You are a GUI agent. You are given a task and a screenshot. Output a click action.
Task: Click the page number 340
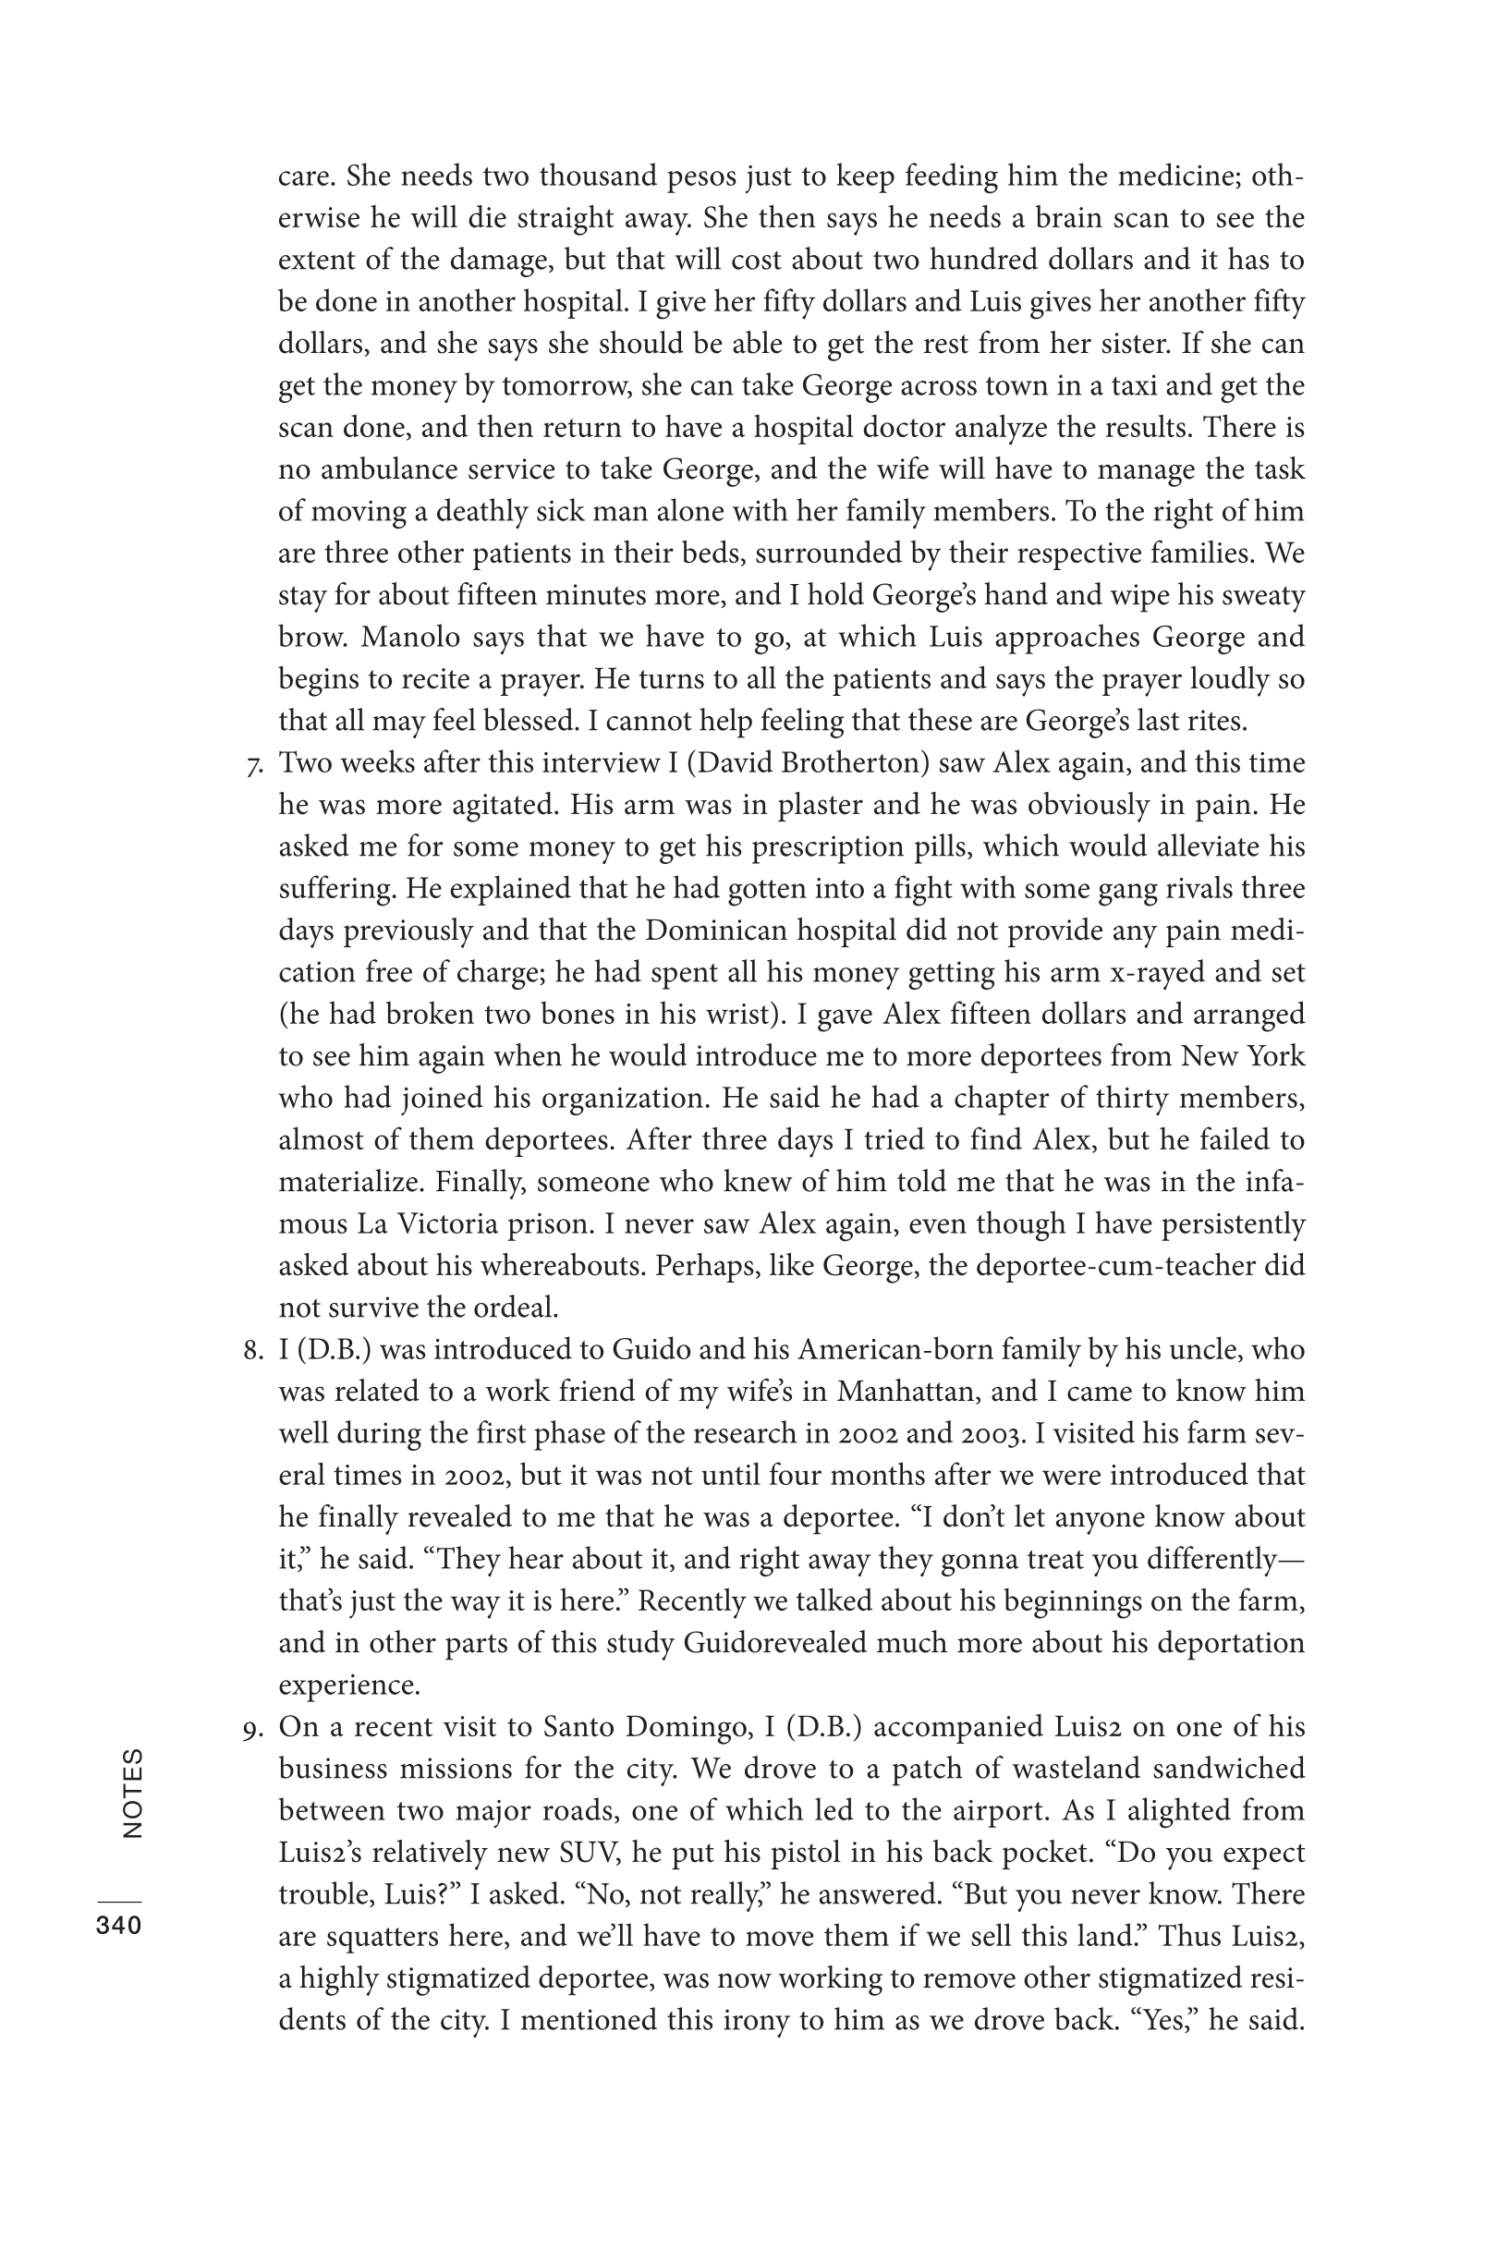pyautogui.click(x=118, y=1926)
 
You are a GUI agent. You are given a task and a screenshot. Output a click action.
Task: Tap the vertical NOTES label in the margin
pyautogui.click(x=132, y=1794)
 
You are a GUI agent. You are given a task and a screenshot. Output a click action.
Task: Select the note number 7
pyautogui.click(x=255, y=766)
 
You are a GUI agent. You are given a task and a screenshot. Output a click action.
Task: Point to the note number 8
pyautogui.click(x=253, y=1350)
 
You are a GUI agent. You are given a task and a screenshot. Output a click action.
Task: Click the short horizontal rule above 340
pyautogui.click(x=118, y=1901)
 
